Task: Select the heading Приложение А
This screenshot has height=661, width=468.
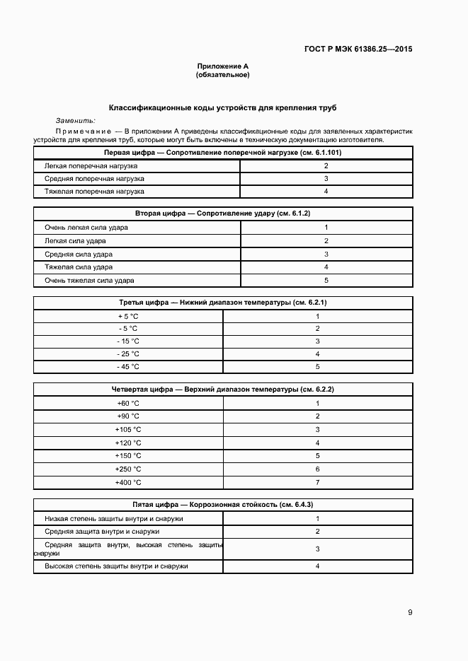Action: (222, 66)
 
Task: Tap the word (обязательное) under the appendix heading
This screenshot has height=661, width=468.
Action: (222, 74)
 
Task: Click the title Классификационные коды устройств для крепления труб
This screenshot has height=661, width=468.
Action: (222, 108)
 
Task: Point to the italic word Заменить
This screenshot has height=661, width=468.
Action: (75, 121)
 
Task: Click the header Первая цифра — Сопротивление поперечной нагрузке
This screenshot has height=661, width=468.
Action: (222, 152)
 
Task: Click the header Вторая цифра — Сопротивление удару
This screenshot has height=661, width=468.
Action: (222, 213)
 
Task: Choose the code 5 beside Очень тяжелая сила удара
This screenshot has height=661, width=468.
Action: (326, 281)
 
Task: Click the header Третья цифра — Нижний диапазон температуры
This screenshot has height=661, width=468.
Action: (222, 303)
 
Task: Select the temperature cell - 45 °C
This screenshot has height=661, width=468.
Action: (128, 367)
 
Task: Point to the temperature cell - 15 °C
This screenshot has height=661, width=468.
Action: (128, 341)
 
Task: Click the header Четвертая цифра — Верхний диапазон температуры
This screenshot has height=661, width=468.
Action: (222, 390)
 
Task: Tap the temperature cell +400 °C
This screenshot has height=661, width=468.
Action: (128, 482)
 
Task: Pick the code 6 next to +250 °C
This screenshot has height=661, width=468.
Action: (318, 469)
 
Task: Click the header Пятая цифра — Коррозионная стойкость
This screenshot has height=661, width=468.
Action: (222, 505)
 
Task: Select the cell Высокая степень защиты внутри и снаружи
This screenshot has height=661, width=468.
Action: (116, 566)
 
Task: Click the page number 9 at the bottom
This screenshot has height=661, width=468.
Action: (410, 612)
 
